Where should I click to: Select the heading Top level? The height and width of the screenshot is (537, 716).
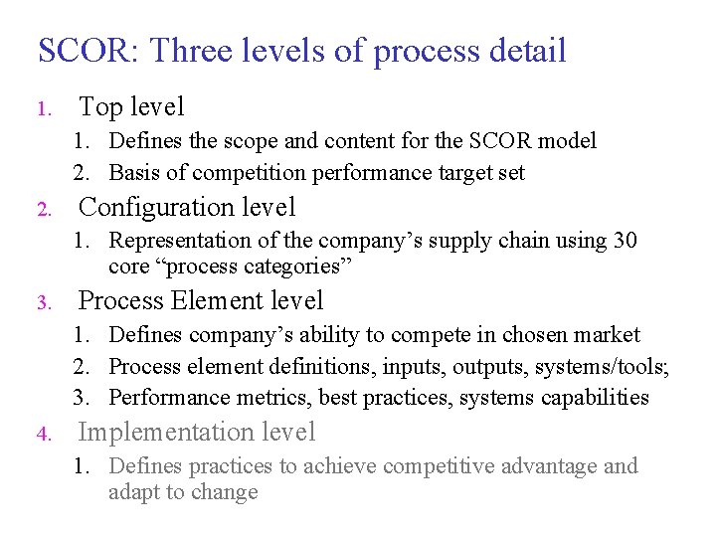[x=131, y=106]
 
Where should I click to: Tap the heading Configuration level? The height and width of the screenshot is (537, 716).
[x=187, y=207]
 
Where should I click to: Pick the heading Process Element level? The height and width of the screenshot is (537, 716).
[x=201, y=300]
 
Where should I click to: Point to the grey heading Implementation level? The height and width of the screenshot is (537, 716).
[x=197, y=432]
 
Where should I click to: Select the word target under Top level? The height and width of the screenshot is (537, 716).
[x=466, y=173]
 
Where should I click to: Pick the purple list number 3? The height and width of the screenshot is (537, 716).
[x=42, y=303]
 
